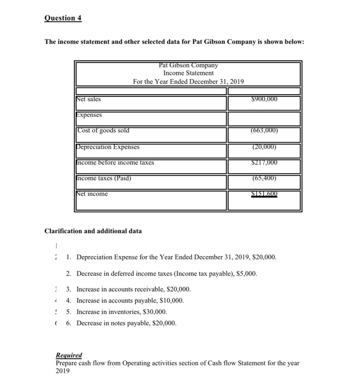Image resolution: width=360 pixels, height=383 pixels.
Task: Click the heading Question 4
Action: (x=63, y=18)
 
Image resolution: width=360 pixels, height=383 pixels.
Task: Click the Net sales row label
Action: (x=89, y=99)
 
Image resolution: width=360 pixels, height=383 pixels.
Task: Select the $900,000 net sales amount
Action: (x=264, y=99)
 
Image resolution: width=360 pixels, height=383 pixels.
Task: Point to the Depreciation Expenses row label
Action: (x=108, y=147)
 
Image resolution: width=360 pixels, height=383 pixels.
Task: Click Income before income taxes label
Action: (x=115, y=163)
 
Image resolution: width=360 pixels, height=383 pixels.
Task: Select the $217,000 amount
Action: (x=264, y=163)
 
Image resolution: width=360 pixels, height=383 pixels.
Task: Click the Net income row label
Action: (x=92, y=194)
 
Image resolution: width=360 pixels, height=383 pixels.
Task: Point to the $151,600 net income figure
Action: (x=264, y=194)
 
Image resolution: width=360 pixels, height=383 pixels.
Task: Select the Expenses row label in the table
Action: (x=89, y=115)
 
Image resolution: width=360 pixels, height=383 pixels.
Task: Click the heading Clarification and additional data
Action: (x=93, y=231)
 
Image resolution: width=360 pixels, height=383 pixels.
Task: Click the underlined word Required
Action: (x=69, y=355)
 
